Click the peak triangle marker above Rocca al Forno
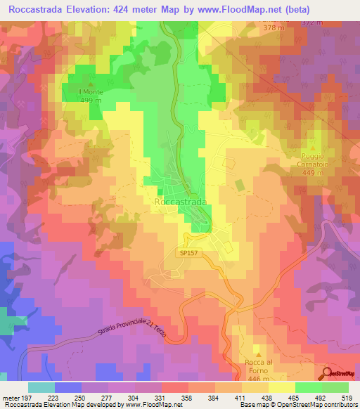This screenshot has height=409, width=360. tap(258, 355)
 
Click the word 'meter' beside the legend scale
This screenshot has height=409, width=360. tap(10, 397)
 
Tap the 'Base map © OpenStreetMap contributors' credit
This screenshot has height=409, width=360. tap(295, 405)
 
